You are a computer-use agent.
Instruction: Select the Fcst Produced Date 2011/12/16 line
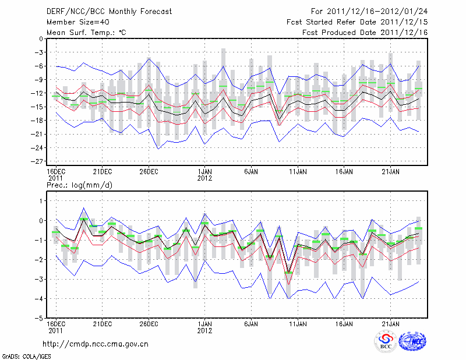[x=365, y=33]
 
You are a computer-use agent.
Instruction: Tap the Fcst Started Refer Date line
[x=357, y=22]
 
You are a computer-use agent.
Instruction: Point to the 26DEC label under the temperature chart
[x=149, y=172]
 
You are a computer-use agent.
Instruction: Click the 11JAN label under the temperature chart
[x=298, y=172]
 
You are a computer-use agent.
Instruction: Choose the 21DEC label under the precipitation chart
[x=102, y=323]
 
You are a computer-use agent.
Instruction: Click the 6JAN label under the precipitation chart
[x=251, y=323]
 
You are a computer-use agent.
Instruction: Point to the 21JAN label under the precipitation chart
[x=391, y=323]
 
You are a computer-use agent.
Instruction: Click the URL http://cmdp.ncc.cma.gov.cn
[x=95, y=344]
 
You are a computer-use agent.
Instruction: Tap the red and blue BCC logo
[x=385, y=341]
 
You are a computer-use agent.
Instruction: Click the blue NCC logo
[x=413, y=341]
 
